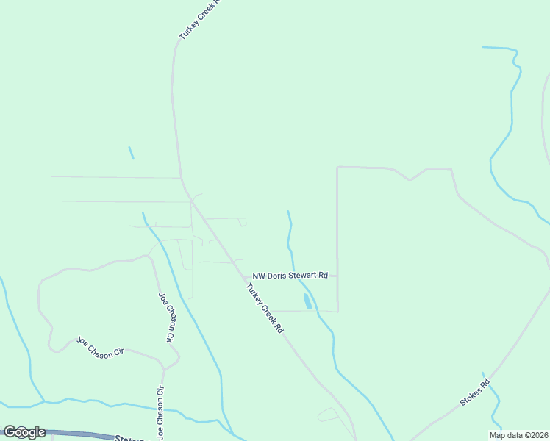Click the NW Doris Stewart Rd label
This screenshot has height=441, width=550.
pos(290,276)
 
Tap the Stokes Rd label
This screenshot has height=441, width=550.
pos(474,393)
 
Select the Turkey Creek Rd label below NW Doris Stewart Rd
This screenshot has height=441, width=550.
pos(264,308)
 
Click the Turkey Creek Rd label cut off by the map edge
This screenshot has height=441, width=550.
pos(199,20)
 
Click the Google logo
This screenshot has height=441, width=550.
pos(24,432)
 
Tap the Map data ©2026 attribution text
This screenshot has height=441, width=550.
pos(518,435)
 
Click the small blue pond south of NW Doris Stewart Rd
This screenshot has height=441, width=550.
pos(307,301)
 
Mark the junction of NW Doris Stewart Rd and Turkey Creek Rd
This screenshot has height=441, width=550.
pos(246,277)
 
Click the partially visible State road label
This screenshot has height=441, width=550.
pos(133,438)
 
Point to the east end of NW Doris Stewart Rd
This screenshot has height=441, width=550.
pos(337,276)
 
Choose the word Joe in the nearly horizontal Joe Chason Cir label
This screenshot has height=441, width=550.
pos(83,343)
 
